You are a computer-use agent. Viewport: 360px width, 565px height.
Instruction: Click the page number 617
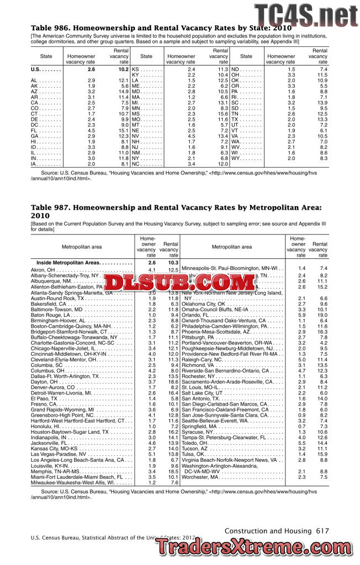pyautogui.click(x=322, y=531)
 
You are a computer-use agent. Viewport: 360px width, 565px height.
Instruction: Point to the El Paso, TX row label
pyautogui.click(x=43, y=398)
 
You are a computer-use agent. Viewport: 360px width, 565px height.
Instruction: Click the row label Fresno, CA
pyautogui.click(x=43, y=404)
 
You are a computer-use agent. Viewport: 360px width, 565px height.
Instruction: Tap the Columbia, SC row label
pyautogui.click(x=49, y=365)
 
